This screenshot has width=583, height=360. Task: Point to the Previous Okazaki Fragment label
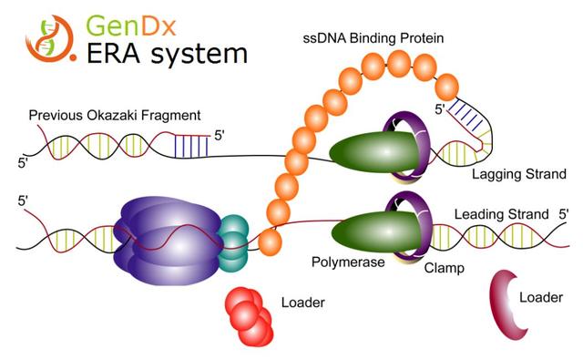click(115, 117)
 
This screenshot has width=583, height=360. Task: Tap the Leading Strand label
click(501, 215)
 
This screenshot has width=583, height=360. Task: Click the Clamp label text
click(444, 269)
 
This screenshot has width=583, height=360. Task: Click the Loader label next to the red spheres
click(303, 302)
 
